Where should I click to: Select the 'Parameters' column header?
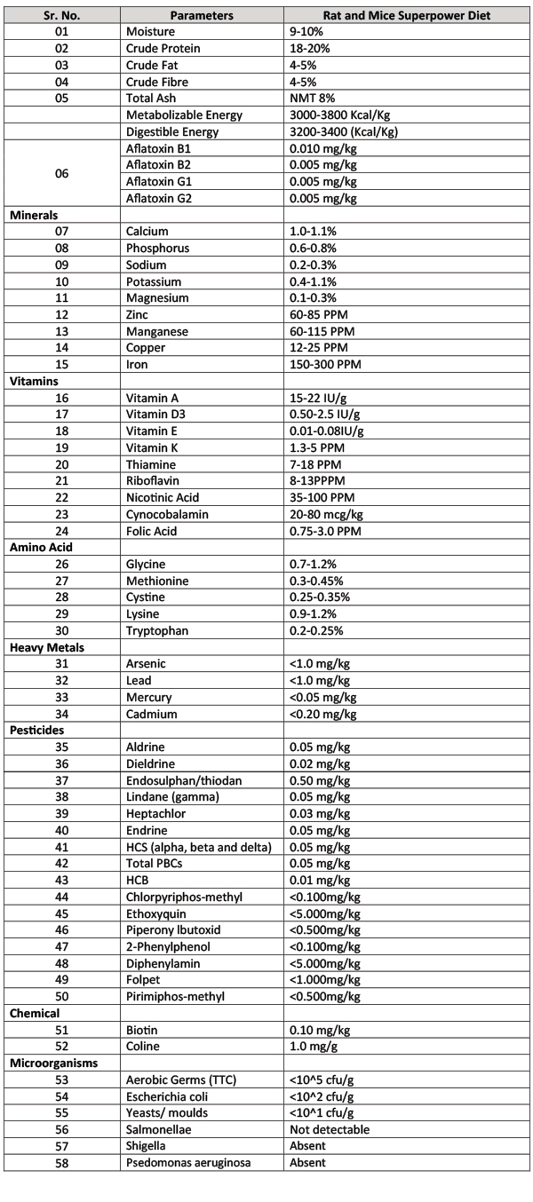coord(203,15)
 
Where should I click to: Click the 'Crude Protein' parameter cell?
coord(163,47)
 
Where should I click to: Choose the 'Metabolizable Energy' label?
coord(184,115)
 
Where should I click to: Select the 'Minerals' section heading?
coord(35,215)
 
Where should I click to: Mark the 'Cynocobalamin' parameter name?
coord(167,513)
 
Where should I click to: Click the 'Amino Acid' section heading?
coord(41,547)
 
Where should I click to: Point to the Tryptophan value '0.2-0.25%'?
coord(319,630)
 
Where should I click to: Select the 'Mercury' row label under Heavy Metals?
coord(148,697)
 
